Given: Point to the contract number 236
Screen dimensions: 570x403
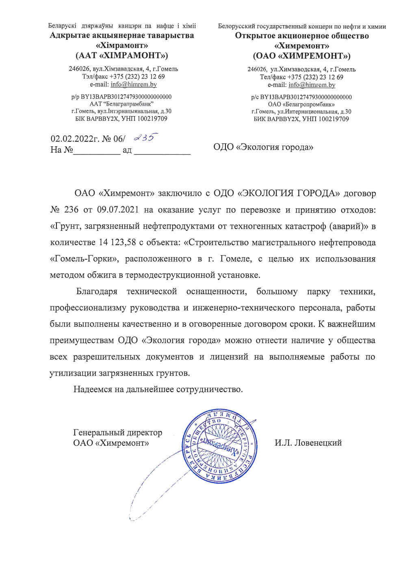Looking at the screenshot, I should tap(71, 210).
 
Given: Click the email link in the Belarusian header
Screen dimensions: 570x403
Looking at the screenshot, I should tap(134, 85).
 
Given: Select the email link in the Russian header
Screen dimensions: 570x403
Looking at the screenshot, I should tap(312, 85).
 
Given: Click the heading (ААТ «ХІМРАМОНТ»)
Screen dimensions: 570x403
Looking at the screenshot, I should tap(122, 55).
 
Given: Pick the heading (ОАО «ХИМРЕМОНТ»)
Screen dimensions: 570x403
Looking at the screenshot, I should tap(302, 56).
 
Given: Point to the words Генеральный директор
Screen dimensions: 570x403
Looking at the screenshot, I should tap(117, 433).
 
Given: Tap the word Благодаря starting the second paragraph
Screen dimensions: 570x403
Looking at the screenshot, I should tap(97, 291).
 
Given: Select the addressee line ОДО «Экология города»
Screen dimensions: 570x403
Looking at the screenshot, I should tap(263, 147).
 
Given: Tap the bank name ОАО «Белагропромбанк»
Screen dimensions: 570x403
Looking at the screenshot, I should tap(301, 104).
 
